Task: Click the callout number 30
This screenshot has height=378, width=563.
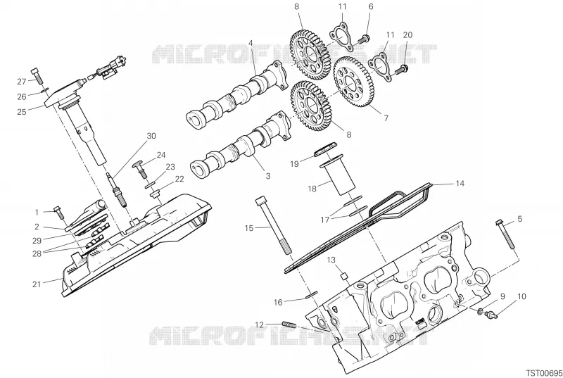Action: (151, 136)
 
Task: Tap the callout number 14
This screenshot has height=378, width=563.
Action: (460, 184)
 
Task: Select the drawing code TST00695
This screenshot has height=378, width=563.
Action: (543, 372)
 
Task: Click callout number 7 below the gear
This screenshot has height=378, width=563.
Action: (386, 118)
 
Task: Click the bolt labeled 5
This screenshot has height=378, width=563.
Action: (505, 234)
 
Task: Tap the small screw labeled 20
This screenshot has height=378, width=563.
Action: (401, 70)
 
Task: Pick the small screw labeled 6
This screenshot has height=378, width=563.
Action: (365, 38)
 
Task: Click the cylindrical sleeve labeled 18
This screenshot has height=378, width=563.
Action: (338, 176)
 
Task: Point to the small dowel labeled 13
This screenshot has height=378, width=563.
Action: (344, 276)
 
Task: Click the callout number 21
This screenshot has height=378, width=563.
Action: (37, 284)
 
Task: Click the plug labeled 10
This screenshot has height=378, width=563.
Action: (491, 315)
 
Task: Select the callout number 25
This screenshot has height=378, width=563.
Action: (22, 112)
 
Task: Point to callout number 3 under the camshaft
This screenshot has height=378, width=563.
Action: (268, 176)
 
